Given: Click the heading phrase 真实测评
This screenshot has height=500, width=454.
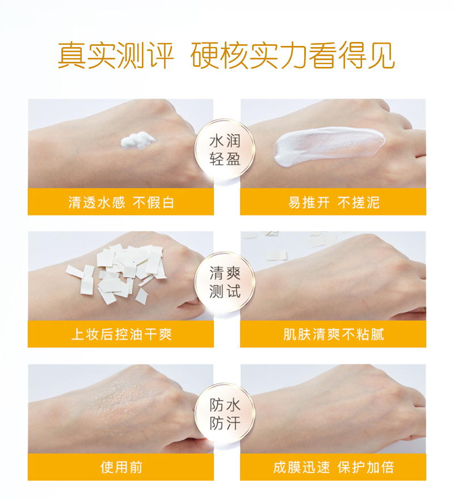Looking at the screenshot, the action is [116, 56].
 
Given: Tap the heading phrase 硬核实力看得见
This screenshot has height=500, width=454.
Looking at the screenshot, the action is [293, 56].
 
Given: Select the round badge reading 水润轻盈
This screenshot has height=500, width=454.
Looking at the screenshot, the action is [225, 150].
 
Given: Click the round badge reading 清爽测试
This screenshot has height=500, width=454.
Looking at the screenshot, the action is [225, 282].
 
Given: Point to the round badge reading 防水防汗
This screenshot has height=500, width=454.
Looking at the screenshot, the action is [225, 414].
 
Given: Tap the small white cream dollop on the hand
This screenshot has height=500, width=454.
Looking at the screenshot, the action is [137, 141].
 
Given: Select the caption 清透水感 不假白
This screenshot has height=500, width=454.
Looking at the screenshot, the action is [121, 202].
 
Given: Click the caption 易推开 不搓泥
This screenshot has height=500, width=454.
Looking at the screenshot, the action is [334, 202].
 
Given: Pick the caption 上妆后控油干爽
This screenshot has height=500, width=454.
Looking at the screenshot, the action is [121, 334].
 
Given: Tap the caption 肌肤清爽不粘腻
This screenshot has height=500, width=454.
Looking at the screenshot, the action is [334, 334].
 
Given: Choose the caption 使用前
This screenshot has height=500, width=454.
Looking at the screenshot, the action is [121, 468].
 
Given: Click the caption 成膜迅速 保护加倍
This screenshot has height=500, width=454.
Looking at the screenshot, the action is [334, 468].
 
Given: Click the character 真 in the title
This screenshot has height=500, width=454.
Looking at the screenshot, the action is [72, 56].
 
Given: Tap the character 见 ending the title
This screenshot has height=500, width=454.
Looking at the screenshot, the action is [381, 56].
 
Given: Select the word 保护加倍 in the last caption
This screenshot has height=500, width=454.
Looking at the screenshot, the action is [366, 468].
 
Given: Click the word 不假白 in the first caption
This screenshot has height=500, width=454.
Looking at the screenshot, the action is [153, 202].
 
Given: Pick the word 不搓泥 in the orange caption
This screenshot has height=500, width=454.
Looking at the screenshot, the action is [359, 202].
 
